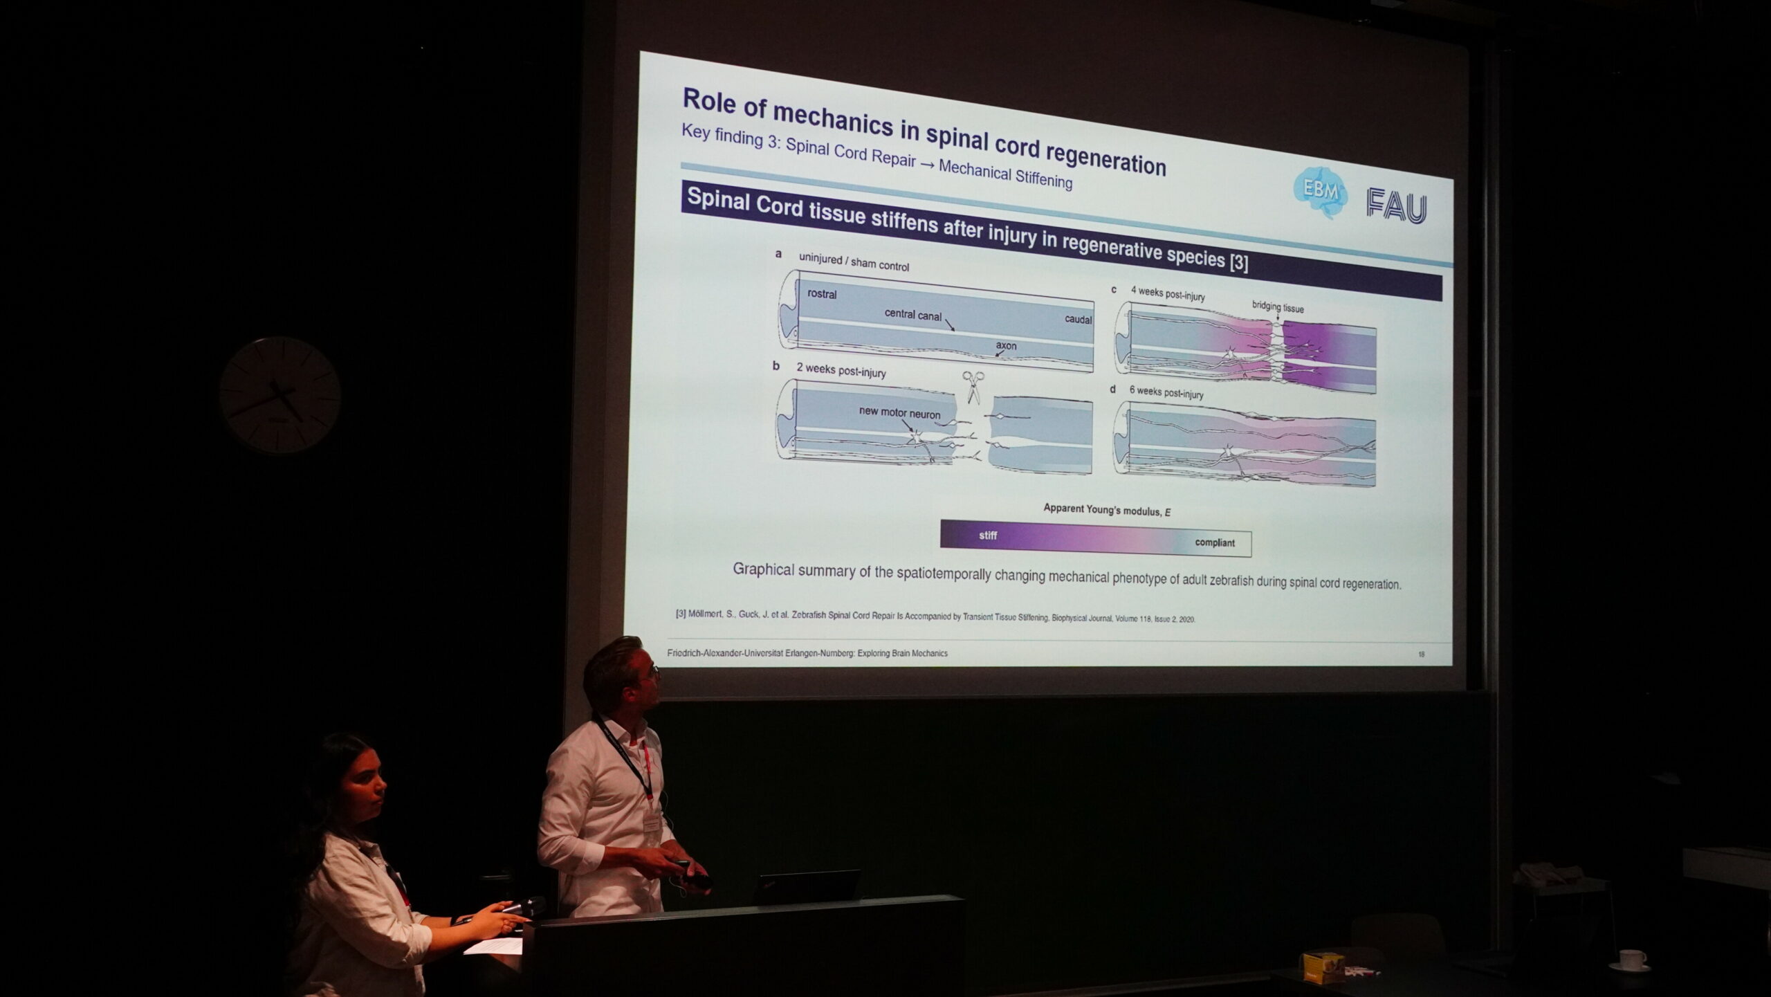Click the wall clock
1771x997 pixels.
[x=280, y=395]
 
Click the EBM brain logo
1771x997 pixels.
[x=1320, y=192]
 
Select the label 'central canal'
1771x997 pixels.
[x=912, y=315]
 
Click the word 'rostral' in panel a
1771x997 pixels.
[x=822, y=294]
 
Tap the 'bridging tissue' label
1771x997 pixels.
[x=1277, y=307]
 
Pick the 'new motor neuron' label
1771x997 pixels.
[x=899, y=412]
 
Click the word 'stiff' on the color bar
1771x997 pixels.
[x=988, y=536]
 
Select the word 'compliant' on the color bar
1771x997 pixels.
[x=1214, y=542]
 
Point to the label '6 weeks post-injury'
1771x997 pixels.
[x=1166, y=392]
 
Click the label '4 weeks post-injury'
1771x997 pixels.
[x=1168, y=294]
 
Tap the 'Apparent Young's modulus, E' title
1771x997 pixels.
[x=1107, y=510]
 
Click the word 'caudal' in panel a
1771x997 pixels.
[x=1079, y=320]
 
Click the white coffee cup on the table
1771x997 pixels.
[x=1632, y=960]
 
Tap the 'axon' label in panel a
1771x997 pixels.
[x=1006, y=345]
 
